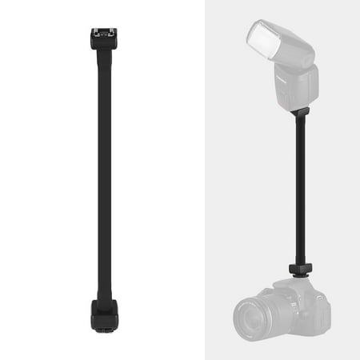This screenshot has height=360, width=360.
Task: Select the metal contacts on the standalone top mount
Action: [x=105, y=34]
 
